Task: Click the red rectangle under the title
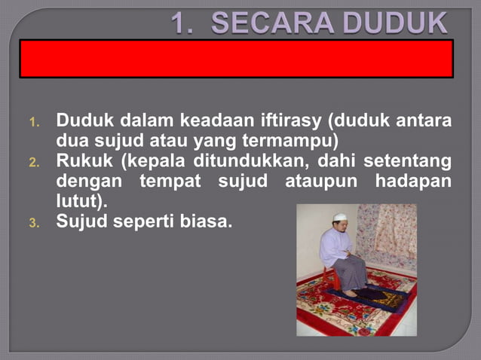click(236, 59)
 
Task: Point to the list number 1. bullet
click(34, 122)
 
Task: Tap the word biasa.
click(204, 223)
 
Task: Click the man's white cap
click(339, 217)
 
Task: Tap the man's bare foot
click(348, 292)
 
